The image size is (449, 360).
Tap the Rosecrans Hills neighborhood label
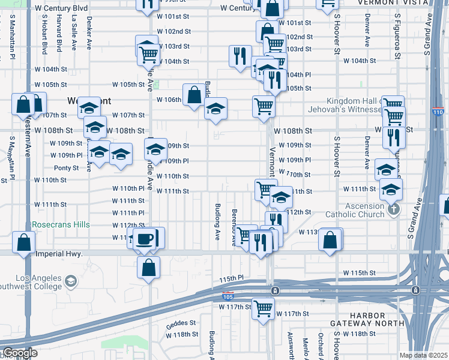[60, 225]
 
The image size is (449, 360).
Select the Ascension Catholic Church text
[355, 210]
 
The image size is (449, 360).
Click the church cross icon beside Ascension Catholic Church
[394, 209]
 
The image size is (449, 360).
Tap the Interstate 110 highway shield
[439, 112]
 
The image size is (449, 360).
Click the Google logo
[20, 353]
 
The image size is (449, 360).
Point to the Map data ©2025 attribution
[423, 355]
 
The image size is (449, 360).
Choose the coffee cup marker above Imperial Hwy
[144, 239]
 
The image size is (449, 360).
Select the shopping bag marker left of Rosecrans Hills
[23, 242]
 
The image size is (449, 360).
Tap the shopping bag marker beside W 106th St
[194, 95]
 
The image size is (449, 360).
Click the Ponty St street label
[66, 168]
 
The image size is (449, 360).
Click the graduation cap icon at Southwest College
[71, 281]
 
